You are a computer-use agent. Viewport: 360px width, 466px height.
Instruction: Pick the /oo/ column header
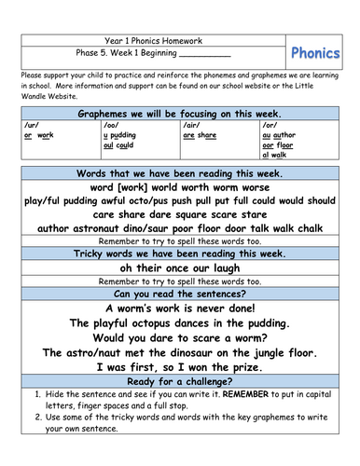tap(112, 124)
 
